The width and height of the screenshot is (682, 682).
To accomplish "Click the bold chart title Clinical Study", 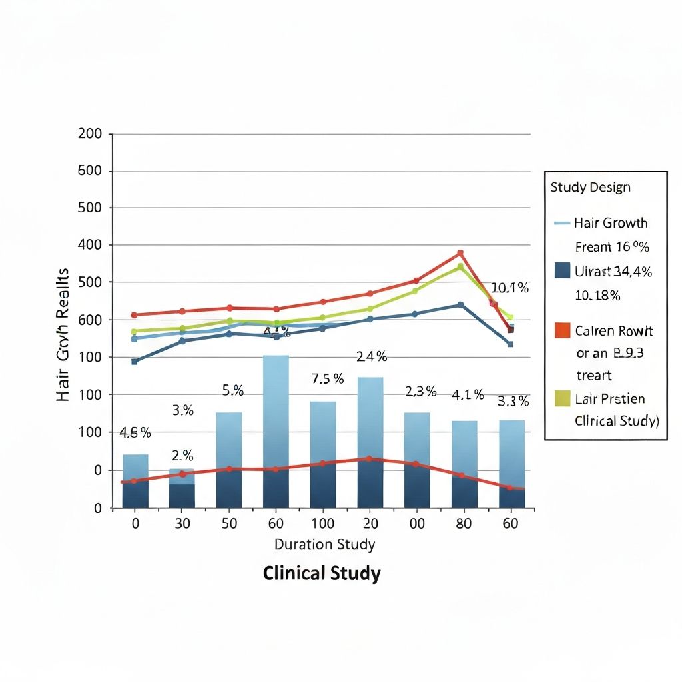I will [x=322, y=573].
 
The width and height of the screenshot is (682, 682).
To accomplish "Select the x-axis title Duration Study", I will [x=324, y=545].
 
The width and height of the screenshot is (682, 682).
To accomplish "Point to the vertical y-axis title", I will [x=63, y=334].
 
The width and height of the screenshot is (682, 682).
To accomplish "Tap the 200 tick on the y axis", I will [x=90, y=133].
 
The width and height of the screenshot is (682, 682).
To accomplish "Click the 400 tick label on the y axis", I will [x=90, y=245].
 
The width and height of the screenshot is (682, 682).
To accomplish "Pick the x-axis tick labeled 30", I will [x=182, y=524].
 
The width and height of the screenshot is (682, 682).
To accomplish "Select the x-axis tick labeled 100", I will [x=322, y=524].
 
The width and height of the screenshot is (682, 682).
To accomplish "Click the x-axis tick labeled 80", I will [x=464, y=524].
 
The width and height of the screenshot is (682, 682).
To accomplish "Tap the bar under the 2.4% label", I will [x=370, y=442].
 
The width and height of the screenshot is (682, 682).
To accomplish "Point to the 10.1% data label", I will [x=510, y=288].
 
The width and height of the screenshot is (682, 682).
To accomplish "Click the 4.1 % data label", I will [x=467, y=395].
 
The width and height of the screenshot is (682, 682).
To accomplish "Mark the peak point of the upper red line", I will [x=460, y=253].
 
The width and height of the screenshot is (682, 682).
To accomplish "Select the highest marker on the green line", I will [x=460, y=267].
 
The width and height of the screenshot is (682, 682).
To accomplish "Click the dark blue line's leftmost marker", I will [x=135, y=362].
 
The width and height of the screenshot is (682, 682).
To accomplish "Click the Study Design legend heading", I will [x=590, y=187].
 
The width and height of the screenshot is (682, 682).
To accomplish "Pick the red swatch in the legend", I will [x=562, y=330].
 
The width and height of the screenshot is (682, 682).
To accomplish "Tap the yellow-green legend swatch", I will [x=562, y=398].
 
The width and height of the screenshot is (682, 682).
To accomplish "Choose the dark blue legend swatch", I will [x=562, y=270].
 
